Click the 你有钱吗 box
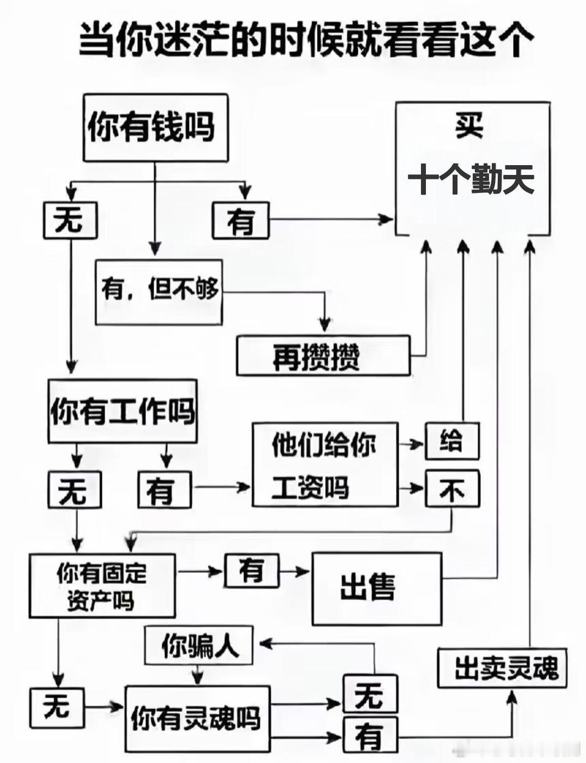tap(155, 128)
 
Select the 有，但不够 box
tap(159, 292)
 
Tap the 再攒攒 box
tap(322, 356)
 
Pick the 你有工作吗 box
tap(122, 411)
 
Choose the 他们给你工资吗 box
tap(325, 464)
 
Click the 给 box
tap(451, 440)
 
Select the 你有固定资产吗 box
tap(102, 586)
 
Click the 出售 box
tap(376, 589)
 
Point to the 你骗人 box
tap(199, 646)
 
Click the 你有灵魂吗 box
tap(197, 718)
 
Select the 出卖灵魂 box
tap(502, 668)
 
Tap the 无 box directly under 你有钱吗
tap(70, 220)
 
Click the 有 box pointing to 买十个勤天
tap(240, 221)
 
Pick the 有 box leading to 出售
tap(252, 571)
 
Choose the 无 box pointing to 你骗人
tap(370, 694)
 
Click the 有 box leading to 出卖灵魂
tap(370, 735)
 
